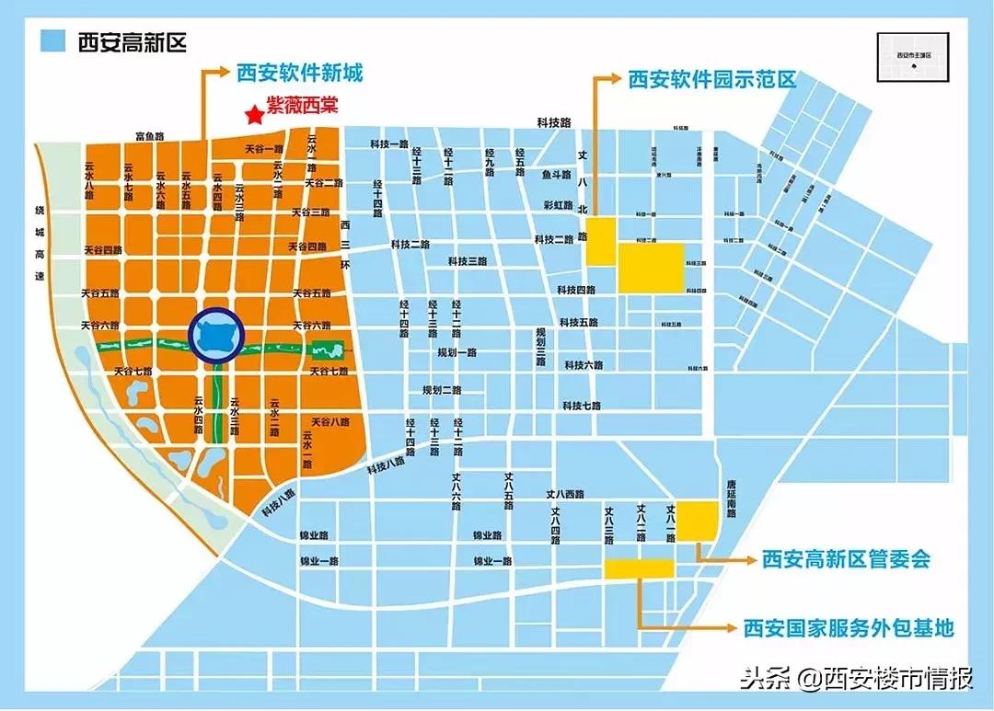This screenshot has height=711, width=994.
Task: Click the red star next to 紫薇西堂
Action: [252, 115]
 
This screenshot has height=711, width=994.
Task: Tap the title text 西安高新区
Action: [133, 41]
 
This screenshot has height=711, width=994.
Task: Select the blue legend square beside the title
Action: [53, 41]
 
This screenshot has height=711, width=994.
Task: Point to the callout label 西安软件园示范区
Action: [711, 80]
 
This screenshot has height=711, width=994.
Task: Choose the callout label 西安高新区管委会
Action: [846, 559]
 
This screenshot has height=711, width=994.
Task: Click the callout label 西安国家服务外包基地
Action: [848, 628]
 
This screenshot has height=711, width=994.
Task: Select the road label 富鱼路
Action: [149, 136]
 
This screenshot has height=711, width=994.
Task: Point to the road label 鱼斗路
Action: [557, 174]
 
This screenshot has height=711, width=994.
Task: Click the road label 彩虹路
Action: [559, 204]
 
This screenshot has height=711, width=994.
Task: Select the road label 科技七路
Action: [582, 405]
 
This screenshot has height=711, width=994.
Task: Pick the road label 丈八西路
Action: [564, 494]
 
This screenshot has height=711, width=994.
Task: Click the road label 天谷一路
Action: [264, 149]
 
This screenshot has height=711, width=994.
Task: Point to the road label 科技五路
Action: [578, 323]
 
